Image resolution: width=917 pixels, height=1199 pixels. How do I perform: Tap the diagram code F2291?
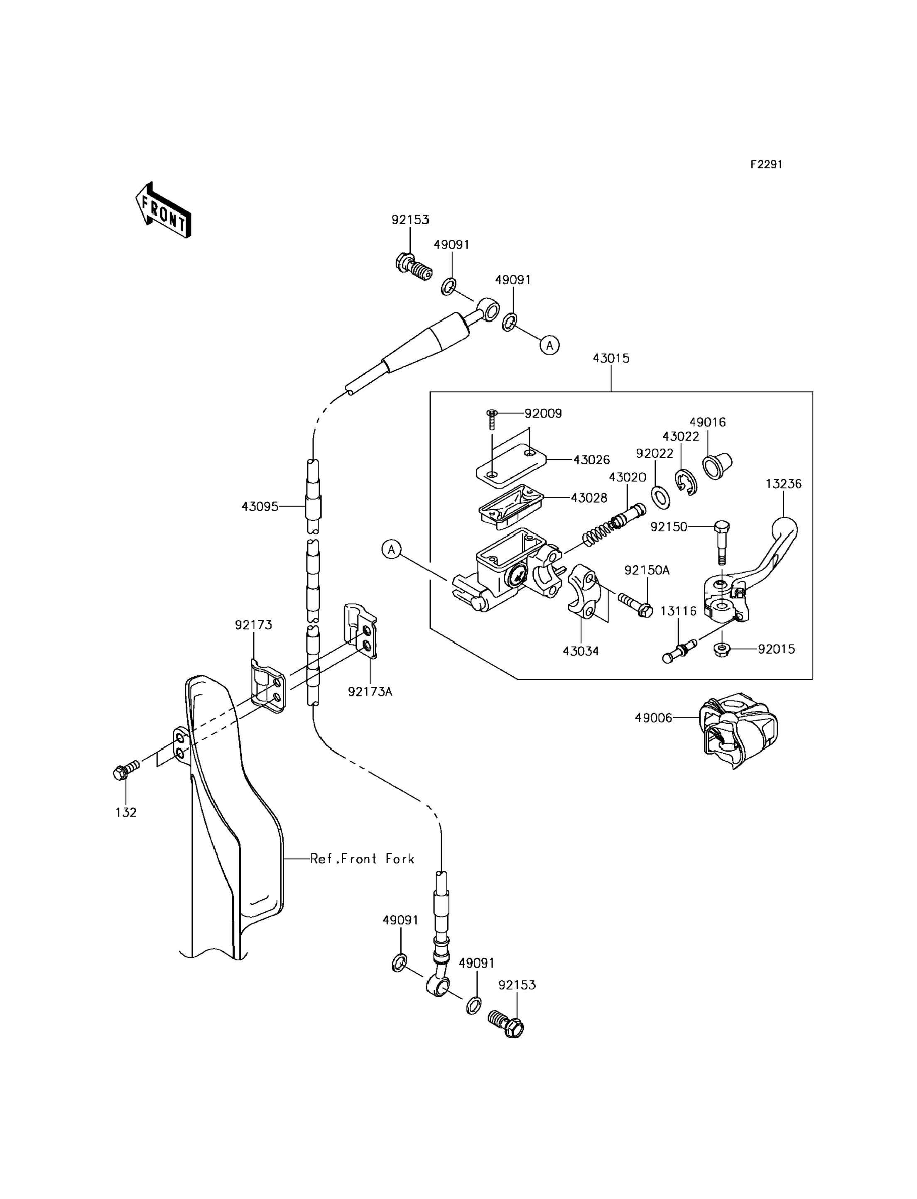click(x=766, y=164)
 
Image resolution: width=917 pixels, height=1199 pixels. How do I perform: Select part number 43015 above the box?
click(x=611, y=359)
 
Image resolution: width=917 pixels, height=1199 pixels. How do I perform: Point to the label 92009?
click(x=543, y=413)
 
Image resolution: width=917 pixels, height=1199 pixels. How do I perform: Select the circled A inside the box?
click(x=391, y=549)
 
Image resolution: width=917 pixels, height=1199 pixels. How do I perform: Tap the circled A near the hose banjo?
click(x=549, y=345)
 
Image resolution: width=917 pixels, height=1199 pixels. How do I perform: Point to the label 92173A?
click(x=370, y=692)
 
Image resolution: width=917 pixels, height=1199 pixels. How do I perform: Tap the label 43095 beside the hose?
click(x=260, y=507)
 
